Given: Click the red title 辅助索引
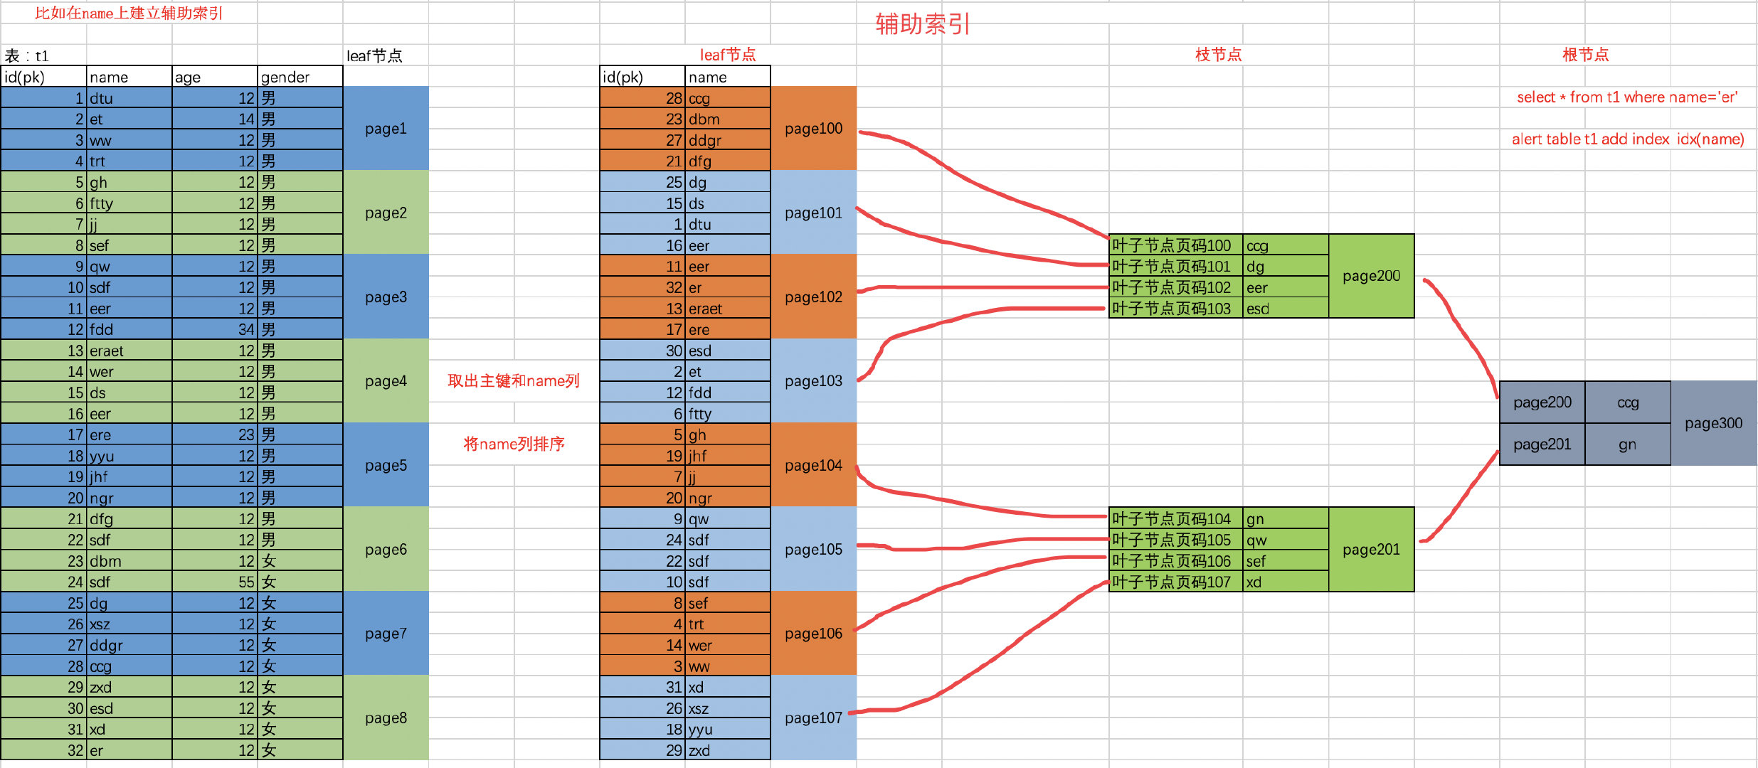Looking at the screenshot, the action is (923, 24).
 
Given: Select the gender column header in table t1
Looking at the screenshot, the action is (299, 77).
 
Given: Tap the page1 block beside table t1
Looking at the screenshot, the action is (386, 129).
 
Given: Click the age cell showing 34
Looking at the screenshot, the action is (214, 329).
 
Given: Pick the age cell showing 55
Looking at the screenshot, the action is (214, 582).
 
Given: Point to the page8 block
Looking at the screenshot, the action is (386, 718).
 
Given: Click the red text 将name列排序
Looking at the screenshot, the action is (514, 444).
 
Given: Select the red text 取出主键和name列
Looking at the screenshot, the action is (513, 381).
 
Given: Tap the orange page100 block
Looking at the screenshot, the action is (813, 129).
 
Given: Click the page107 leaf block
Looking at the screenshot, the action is (813, 718).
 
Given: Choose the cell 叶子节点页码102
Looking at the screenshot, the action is (1175, 287).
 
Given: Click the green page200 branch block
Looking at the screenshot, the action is (1371, 276).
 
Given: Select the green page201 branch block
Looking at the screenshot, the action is (1371, 549).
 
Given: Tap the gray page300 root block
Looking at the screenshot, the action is (1713, 423).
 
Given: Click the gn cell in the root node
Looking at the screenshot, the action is (1627, 444).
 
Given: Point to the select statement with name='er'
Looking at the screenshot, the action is (1627, 97).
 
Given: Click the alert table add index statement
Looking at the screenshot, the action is (1628, 139).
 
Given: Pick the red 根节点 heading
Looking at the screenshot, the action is (1585, 55).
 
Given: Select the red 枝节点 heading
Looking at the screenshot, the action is (1218, 55).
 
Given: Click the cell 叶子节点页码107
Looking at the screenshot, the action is (1175, 582).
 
